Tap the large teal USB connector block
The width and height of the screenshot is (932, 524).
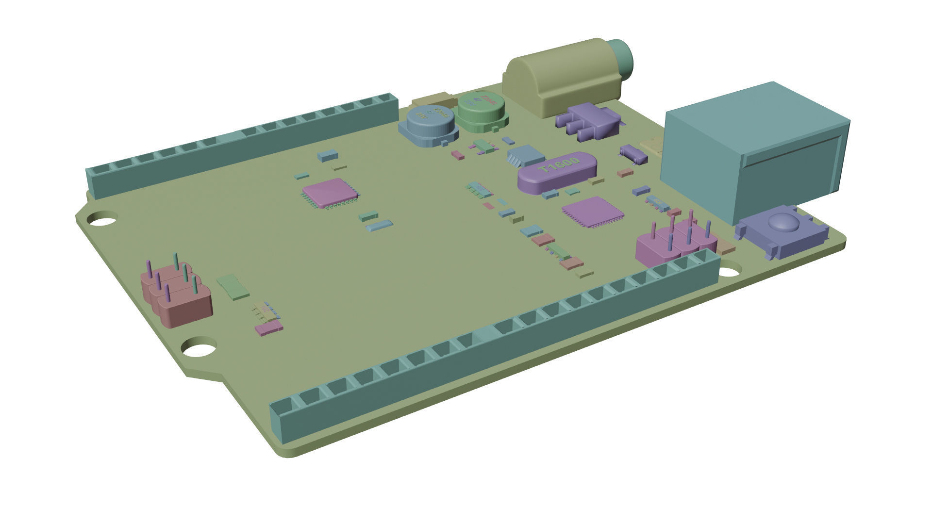[x=752, y=146]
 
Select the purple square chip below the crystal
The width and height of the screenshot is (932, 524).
[x=592, y=212]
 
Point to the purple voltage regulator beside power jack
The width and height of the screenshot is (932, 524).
[x=587, y=121]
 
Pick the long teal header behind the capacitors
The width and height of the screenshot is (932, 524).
[x=243, y=146]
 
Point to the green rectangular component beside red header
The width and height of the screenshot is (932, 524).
[x=233, y=286]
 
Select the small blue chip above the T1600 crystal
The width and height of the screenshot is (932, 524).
[x=526, y=155]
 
